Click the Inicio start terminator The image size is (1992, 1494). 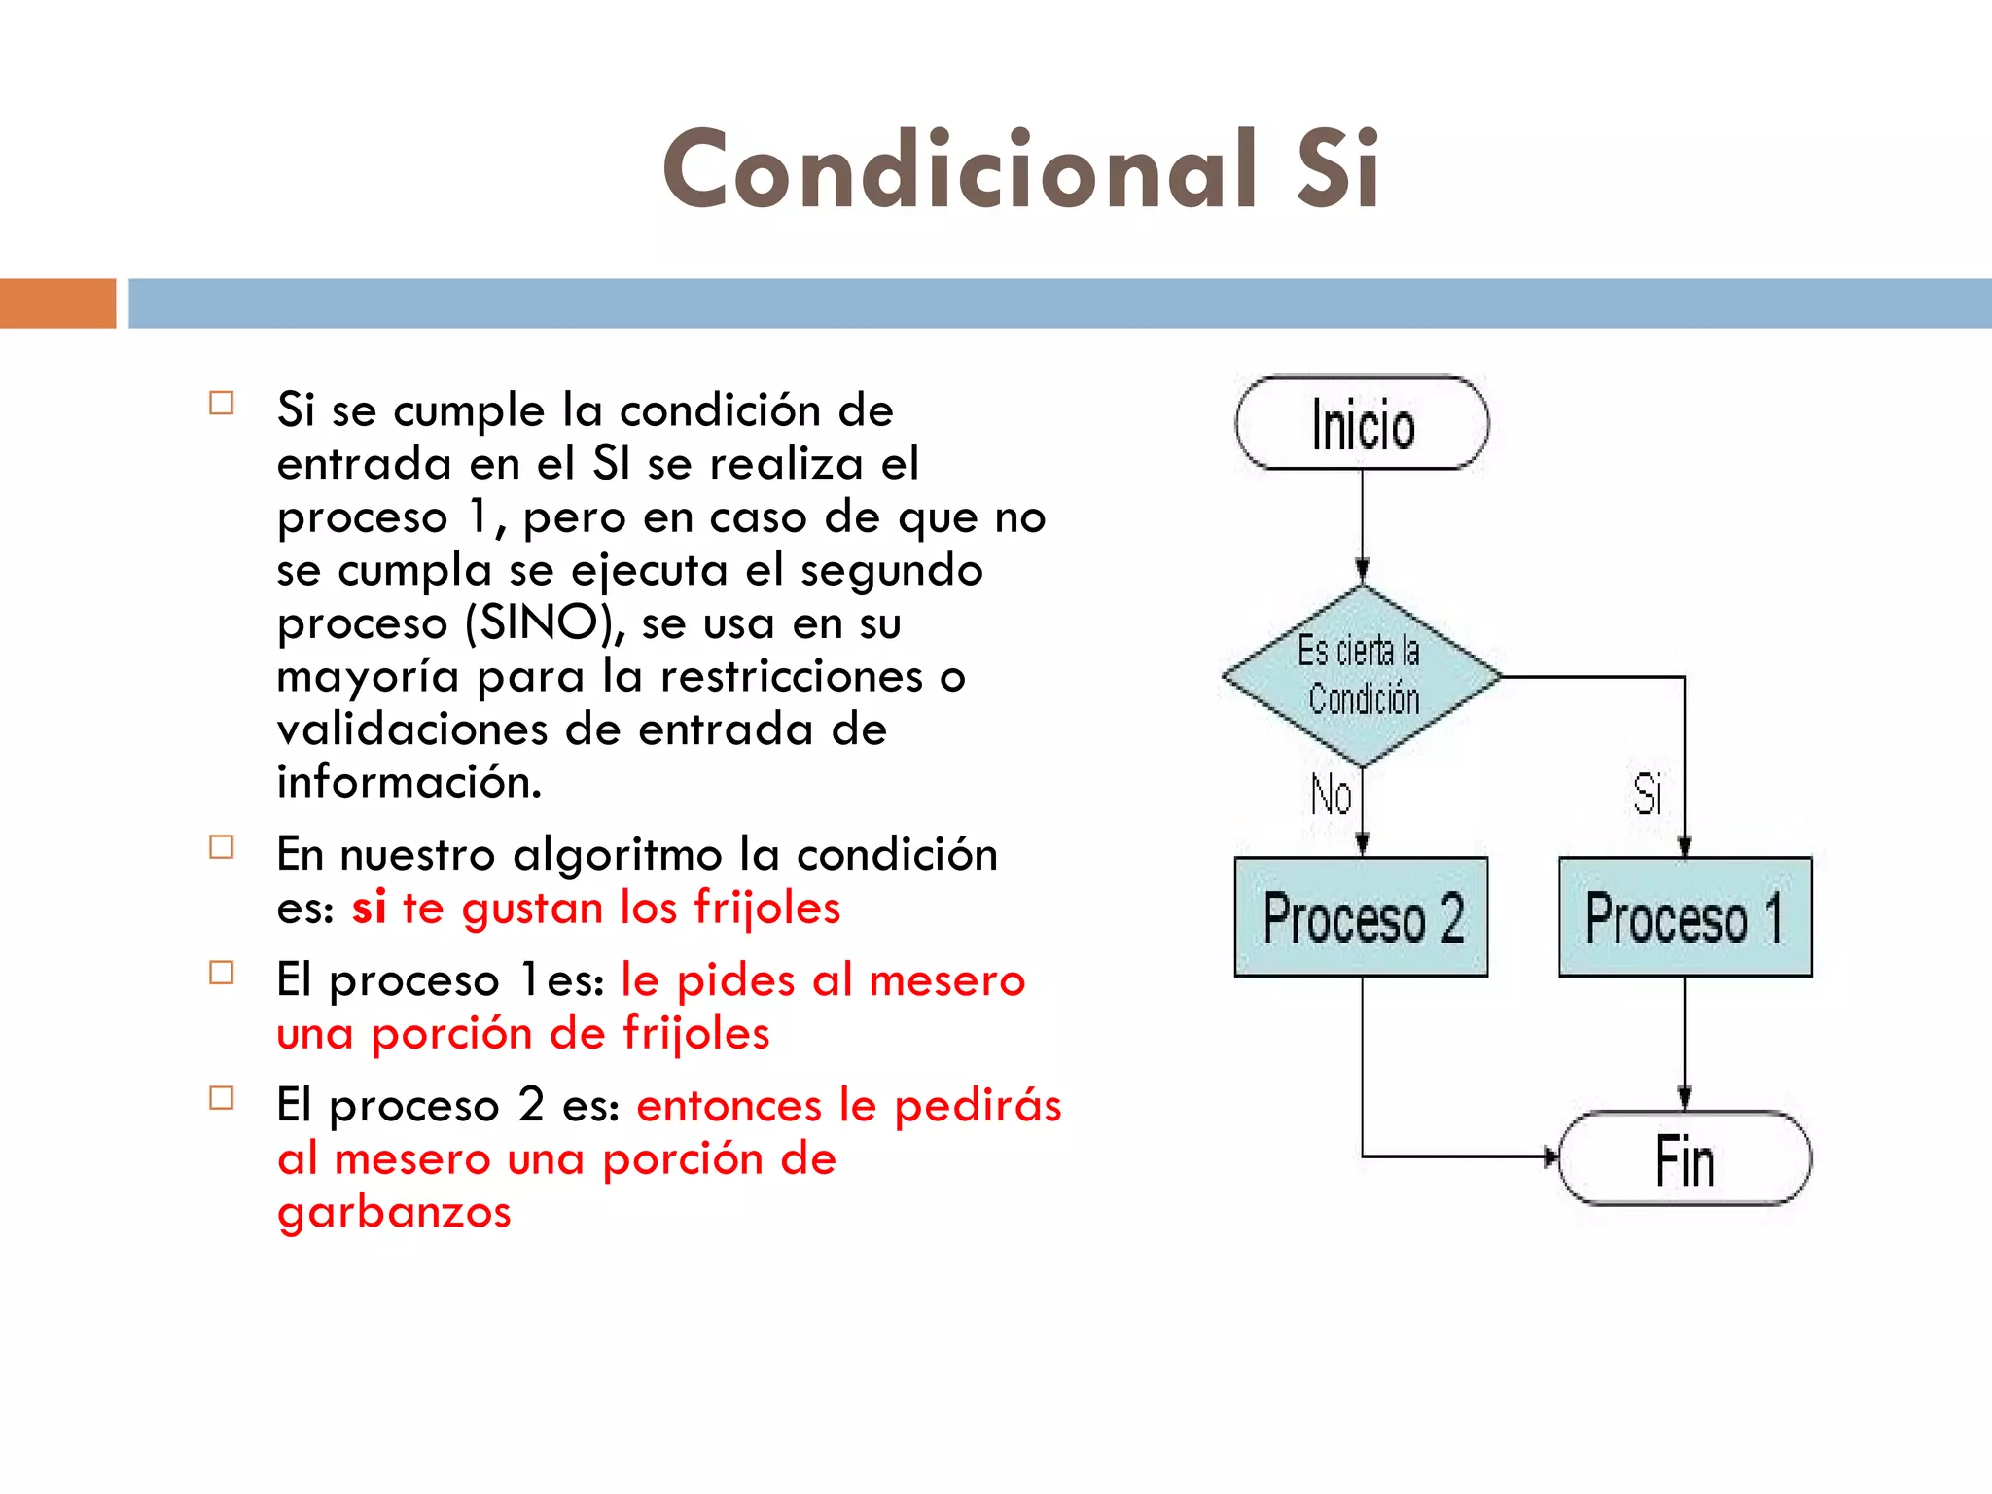click(x=1362, y=424)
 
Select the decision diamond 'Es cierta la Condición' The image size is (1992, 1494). click(x=1362, y=675)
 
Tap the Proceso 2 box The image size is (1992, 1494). click(x=1362, y=916)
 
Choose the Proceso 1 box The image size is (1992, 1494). click(x=1685, y=916)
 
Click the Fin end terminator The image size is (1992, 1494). click(x=1685, y=1158)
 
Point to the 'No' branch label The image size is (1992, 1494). click(x=1331, y=795)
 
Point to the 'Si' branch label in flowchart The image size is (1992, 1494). click(x=1647, y=795)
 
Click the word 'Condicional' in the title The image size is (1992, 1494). click(x=959, y=170)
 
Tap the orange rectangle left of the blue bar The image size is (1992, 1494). click(x=57, y=303)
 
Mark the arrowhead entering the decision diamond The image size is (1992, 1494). click(x=1363, y=571)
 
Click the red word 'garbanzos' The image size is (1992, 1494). click(x=394, y=1212)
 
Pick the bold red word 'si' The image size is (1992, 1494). click(x=369, y=907)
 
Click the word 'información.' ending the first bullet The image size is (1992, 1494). click(x=409, y=782)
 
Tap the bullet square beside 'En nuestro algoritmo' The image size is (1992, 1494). click(x=222, y=847)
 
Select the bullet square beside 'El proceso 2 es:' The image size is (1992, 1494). click(x=222, y=1098)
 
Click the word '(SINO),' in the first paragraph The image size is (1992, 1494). click(x=546, y=622)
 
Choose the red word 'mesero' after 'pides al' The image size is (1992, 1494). click(x=946, y=980)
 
